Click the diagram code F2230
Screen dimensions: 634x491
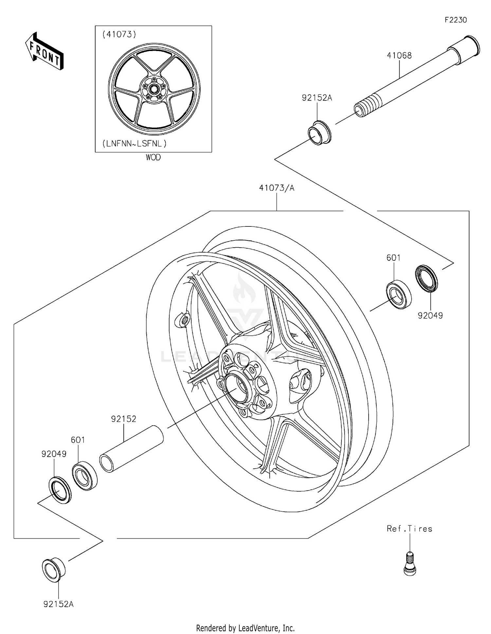(456, 20)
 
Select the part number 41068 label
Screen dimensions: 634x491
(399, 56)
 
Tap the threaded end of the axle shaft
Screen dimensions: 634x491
(364, 107)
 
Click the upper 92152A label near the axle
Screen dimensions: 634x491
(317, 98)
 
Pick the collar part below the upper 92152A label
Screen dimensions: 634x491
(320, 133)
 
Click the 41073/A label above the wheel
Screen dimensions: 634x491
(277, 188)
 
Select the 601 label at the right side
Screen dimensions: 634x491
(393, 258)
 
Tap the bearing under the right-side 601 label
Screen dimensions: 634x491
(398, 294)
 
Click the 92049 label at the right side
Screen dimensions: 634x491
(430, 316)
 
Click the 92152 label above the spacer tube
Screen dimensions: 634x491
(123, 419)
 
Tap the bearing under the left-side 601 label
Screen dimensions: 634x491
(84, 475)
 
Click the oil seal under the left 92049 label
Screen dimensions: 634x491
(60, 490)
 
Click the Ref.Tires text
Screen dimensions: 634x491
(409, 529)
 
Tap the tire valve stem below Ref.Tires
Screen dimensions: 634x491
(409, 563)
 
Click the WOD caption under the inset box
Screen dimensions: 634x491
(153, 157)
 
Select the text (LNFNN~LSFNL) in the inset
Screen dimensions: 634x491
(135, 143)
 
